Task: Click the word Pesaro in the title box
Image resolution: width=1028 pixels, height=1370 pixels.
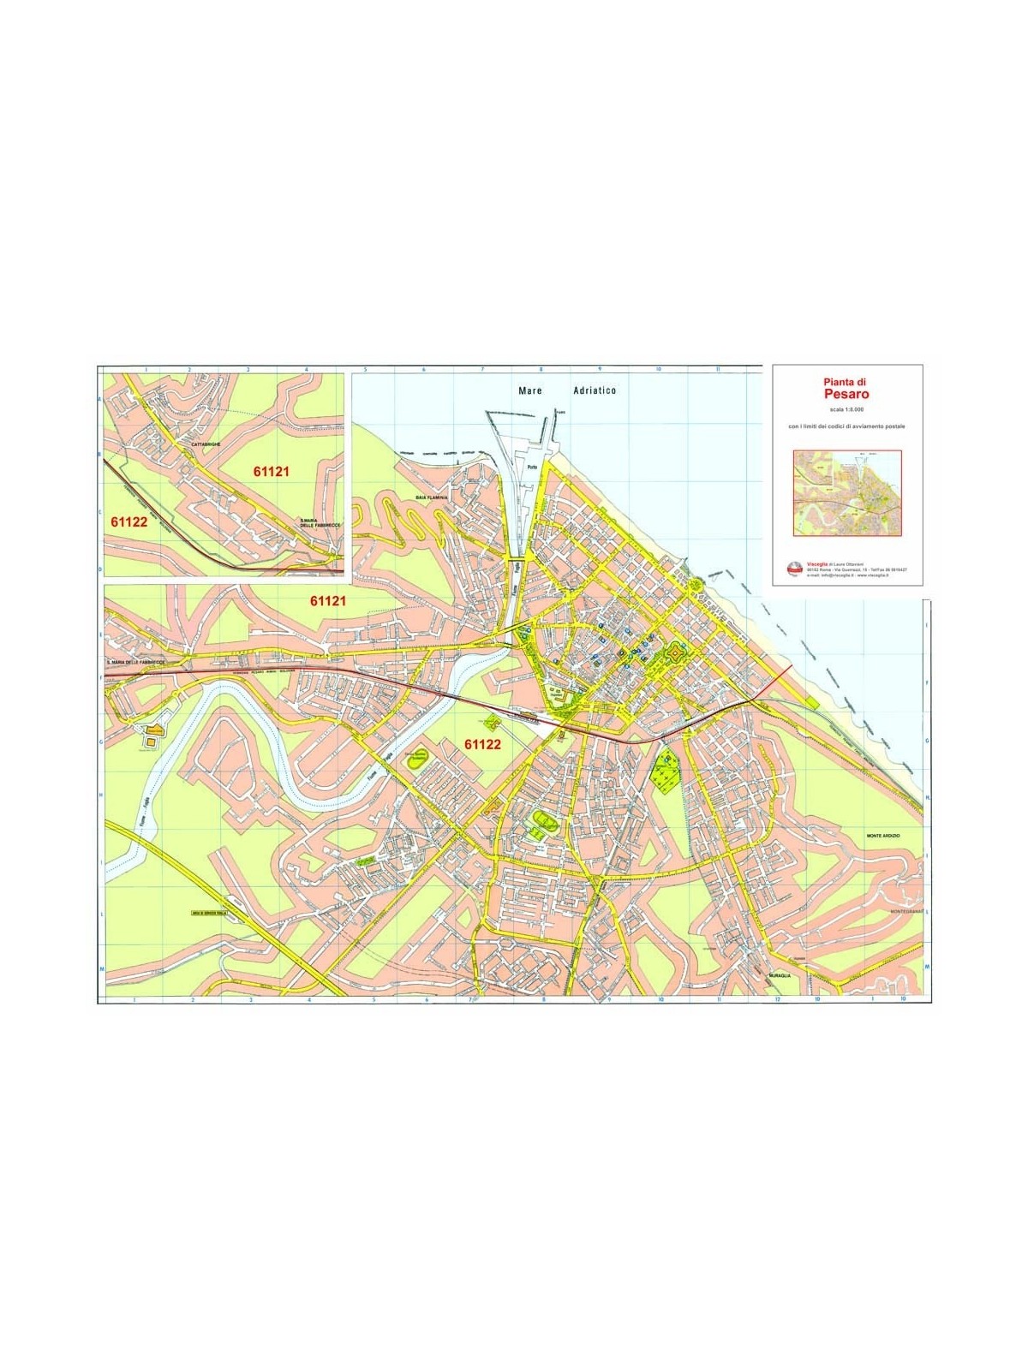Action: (846, 395)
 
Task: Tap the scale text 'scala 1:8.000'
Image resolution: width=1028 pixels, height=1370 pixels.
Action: (846, 410)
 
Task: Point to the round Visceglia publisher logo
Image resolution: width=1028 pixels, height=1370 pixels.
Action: (794, 568)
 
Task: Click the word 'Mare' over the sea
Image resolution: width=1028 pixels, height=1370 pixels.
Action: (531, 390)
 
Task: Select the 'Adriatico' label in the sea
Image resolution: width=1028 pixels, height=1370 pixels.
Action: (594, 390)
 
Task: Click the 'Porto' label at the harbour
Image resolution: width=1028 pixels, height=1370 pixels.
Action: (532, 467)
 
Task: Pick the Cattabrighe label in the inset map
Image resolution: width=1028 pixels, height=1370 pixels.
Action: (207, 444)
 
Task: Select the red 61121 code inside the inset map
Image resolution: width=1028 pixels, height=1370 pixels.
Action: (272, 471)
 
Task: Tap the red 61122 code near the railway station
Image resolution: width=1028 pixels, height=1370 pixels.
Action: (482, 744)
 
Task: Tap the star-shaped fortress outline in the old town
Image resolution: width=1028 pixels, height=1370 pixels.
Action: (675, 656)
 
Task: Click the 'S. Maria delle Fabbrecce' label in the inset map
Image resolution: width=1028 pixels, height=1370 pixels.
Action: (320, 523)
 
